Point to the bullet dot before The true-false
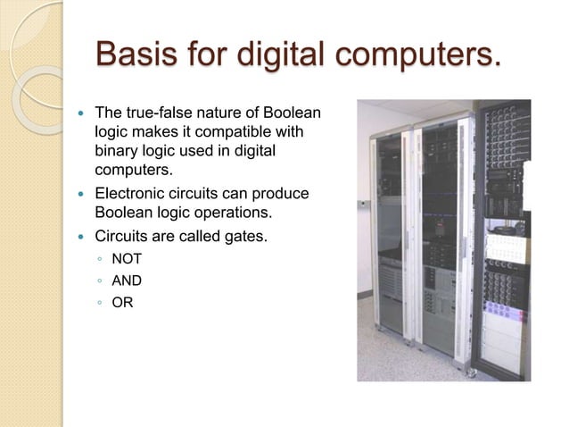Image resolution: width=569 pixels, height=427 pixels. tap(80, 114)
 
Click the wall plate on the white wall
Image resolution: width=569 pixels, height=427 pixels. tap(362, 204)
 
